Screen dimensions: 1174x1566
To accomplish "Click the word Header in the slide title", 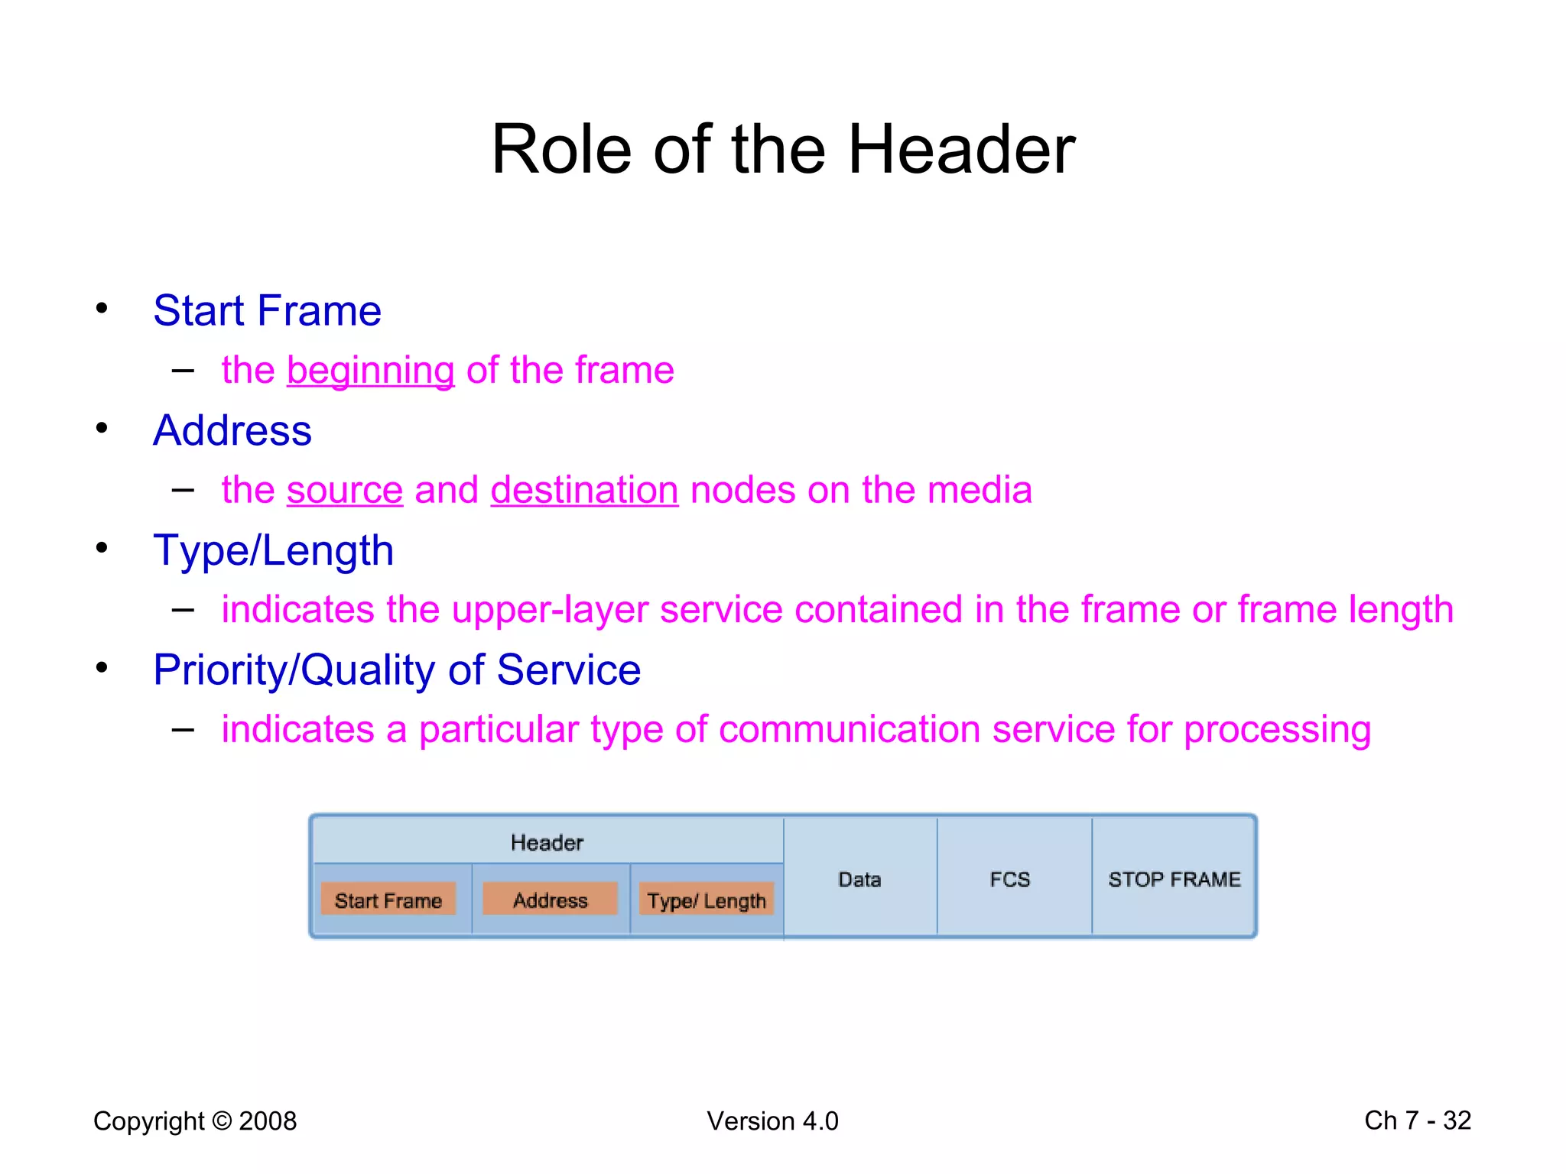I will click(x=961, y=150).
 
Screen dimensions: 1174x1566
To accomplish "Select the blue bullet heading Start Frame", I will click(x=267, y=311).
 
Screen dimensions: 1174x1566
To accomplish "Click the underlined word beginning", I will click(x=371, y=371).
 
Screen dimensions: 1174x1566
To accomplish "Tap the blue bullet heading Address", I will click(x=232, y=430).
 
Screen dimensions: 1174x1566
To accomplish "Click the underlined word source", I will click(x=345, y=490).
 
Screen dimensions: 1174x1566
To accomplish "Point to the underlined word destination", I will click(x=584, y=490).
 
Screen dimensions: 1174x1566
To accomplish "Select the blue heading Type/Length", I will click(x=273, y=550).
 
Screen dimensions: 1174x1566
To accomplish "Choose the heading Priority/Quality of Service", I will click(x=396, y=670).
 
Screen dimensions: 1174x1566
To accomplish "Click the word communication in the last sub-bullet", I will click(x=849, y=729).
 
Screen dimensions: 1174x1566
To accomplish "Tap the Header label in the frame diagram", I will click(x=547, y=843).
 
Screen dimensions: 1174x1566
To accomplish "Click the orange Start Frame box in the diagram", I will click(x=388, y=900).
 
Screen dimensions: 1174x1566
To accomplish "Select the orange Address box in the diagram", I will click(x=550, y=900).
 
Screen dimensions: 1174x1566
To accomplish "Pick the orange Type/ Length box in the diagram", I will click(x=706, y=900).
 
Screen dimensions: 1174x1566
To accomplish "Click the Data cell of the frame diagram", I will click(x=859, y=880).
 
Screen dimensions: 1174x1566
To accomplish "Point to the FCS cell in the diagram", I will click(x=1009, y=880).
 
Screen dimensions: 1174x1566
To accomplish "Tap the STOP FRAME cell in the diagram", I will click(x=1174, y=880).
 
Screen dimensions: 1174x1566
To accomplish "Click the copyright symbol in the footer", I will click(x=222, y=1121).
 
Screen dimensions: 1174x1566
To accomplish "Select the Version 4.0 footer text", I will click(x=772, y=1121).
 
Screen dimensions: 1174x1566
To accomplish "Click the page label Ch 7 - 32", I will click(x=1417, y=1120).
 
